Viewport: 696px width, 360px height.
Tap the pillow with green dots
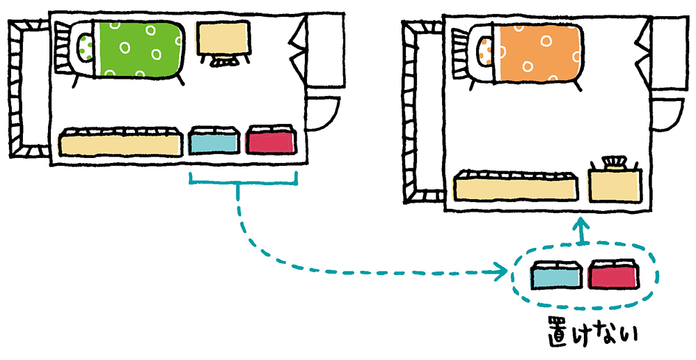(x=86, y=47)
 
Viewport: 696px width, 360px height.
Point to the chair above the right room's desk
(x=614, y=163)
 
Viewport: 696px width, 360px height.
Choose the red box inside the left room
(x=271, y=141)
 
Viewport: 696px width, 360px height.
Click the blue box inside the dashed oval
(x=555, y=276)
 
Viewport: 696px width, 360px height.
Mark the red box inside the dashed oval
(x=612, y=276)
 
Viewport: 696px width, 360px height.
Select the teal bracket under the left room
(x=244, y=182)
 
